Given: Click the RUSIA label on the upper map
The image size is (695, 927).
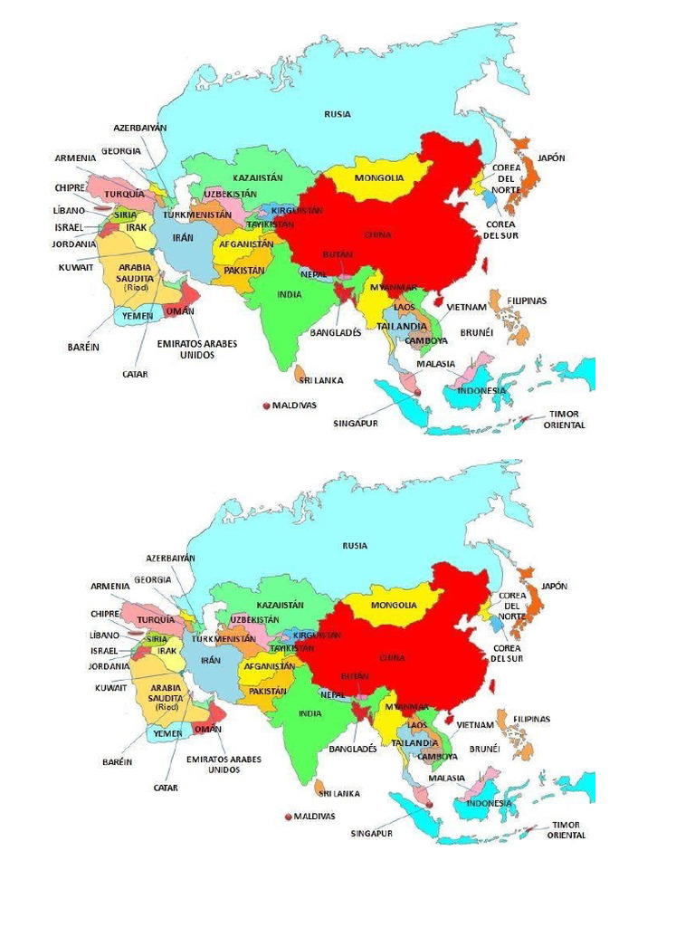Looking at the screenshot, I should click(x=338, y=114).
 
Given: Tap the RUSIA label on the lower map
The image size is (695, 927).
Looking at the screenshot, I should click(x=355, y=546).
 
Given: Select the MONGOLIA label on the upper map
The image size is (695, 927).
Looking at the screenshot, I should click(x=379, y=177).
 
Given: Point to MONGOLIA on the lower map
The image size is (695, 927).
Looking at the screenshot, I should click(x=393, y=605).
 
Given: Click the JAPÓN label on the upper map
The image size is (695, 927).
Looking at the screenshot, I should click(x=551, y=158).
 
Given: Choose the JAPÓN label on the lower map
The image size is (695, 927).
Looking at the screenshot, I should click(x=555, y=586).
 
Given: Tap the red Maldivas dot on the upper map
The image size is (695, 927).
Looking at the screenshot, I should click(x=266, y=406).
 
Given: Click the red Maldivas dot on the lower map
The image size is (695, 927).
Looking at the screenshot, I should click(x=289, y=817).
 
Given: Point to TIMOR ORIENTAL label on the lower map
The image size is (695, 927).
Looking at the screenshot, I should click(x=566, y=830).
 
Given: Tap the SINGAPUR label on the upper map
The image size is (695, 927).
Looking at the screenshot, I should click(x=355, y=423).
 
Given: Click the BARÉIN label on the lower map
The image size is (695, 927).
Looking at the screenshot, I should click(x=118, y=761).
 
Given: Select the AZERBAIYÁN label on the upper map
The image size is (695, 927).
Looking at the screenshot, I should click(x=140, y=128).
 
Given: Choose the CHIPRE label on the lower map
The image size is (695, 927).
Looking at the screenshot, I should click(x=105, y=613).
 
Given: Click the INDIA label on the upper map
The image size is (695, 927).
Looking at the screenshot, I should click(x=290, y=294).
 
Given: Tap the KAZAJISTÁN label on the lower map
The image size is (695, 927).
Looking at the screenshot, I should click(x=281, y=605).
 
